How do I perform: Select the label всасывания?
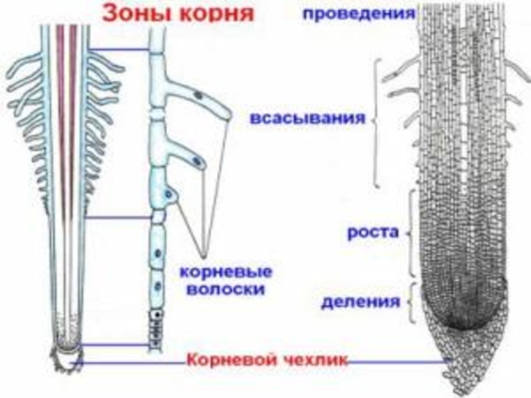[x=308, y=119]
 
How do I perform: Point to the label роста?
[x=372, y=232]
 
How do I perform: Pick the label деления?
[x=361, y=302]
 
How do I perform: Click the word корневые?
[x=226, y=273]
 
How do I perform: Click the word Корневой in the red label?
[x=224, y=361]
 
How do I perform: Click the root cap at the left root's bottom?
[x=66, y=358]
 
